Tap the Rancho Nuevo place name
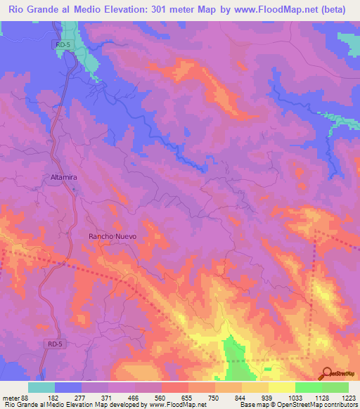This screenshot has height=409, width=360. (111, 237)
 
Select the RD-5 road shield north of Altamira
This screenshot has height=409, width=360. (63, 44)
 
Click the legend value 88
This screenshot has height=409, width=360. (24, 398)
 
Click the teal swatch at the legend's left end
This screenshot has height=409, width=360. (41, 387)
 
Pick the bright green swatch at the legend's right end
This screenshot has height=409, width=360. (335, 387)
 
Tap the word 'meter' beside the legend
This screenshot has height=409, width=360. (9, 398)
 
